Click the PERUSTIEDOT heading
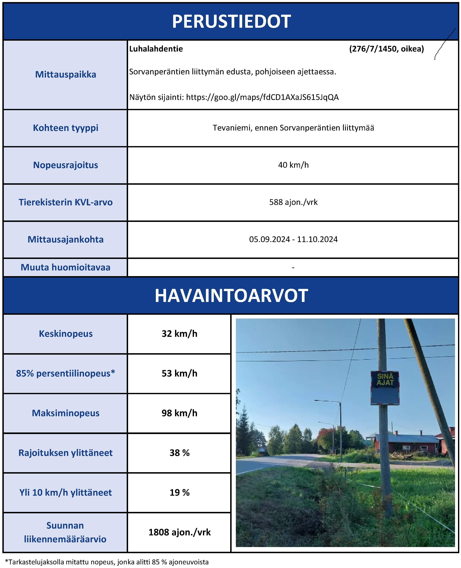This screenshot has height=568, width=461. coord(231,22)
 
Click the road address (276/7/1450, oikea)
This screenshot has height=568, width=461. coord(386,49)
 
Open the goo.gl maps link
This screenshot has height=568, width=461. coord(262,97)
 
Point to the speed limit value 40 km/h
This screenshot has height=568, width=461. coord(293,165)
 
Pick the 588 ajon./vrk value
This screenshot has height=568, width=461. coord(293,202)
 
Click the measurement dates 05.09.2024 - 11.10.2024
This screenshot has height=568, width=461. coord(293,239)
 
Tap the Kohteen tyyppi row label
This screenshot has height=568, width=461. coord(66,128)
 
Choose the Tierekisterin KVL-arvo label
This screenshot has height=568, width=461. coord(66,202)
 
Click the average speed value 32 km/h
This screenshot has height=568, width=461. coord(179,334)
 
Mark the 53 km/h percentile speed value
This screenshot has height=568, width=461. coord(179,373)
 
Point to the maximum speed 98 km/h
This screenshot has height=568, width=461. coord(179,413)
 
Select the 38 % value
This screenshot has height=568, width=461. coord(179,453)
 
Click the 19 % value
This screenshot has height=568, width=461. coord(179,493)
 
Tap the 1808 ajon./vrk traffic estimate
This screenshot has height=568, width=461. coord(179,532)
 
